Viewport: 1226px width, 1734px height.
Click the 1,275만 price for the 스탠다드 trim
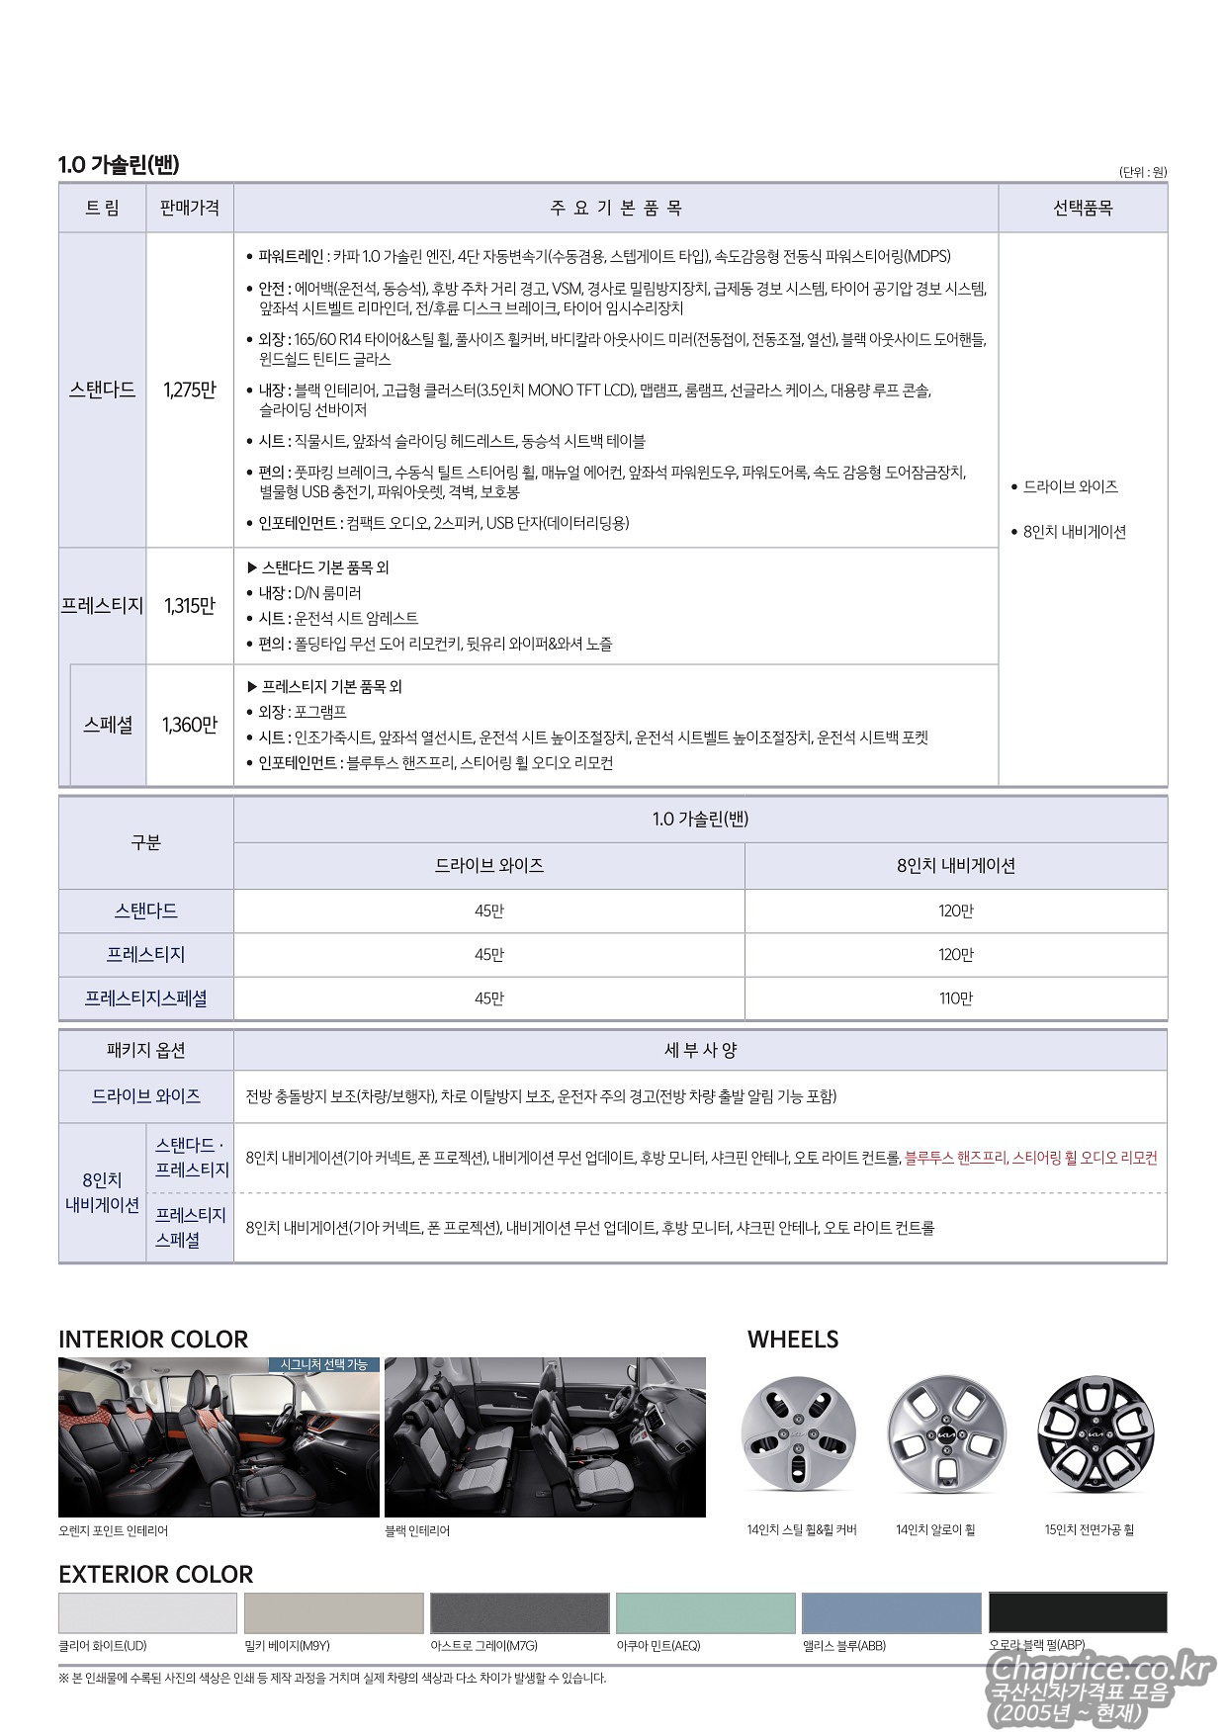[189, 390]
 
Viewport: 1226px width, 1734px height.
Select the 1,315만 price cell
[189, 606]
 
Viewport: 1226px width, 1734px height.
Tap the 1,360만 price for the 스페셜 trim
[189, 726]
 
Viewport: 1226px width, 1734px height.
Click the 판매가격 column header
[189, 209]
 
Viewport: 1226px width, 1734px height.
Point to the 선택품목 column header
[1082, 209]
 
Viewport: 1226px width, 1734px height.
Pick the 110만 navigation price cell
[955, 998]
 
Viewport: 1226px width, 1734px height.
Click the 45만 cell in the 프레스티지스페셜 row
[488, 998]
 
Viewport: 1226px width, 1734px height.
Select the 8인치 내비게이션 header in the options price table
[955, 865]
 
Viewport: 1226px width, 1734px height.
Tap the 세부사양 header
[700, 1050]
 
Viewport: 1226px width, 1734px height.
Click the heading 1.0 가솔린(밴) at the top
[119, 165]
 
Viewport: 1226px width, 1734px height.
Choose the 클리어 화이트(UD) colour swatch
[147, 1612]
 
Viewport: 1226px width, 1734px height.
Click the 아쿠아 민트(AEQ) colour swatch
[705, 1612]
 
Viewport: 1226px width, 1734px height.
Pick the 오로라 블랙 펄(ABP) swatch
[1077, 1612]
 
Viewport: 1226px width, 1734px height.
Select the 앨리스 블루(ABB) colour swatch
[891, 1612]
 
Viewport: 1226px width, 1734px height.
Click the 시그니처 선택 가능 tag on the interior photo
[323, 1364]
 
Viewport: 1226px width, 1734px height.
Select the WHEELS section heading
[793, 1340]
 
